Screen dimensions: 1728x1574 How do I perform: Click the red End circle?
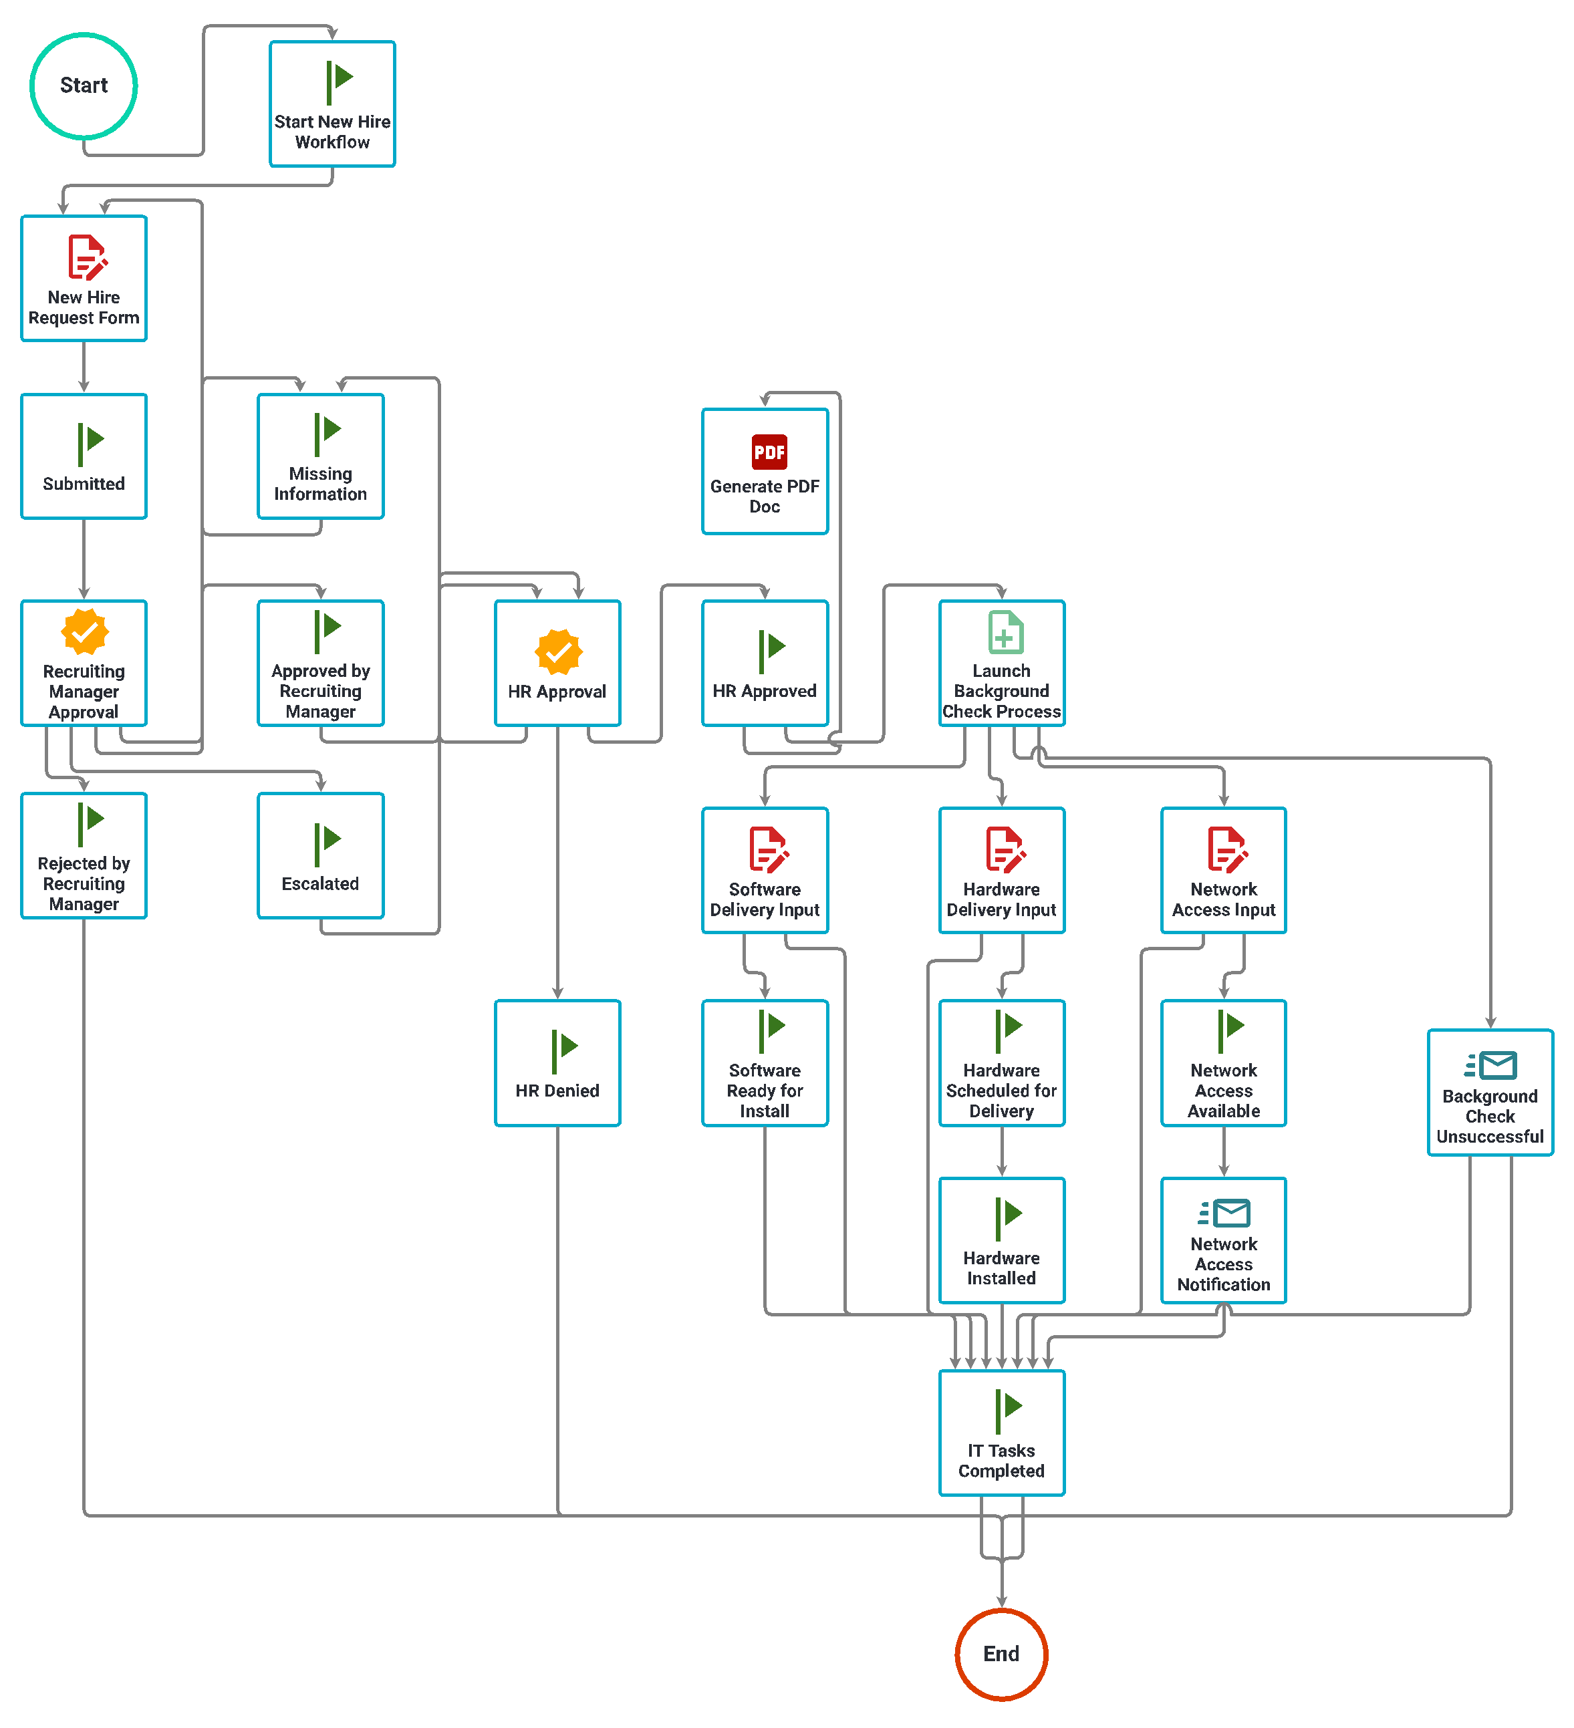(1001, 1653)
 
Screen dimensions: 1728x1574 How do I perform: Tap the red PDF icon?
(769, 452)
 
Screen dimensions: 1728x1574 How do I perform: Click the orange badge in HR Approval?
(558, 652)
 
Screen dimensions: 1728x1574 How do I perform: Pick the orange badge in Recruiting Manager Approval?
(84, 631)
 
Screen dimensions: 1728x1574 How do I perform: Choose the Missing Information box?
(321, 456)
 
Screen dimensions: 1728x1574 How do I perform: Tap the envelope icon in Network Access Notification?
(1224, 1213)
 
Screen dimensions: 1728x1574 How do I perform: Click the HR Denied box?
(557, 1063)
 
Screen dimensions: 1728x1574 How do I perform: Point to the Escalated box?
(321, 855)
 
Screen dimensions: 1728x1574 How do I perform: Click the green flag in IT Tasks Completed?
(1008, 1411)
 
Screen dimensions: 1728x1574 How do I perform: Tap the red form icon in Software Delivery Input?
(768, 849)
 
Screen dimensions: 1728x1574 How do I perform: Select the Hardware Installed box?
(1001, 1240)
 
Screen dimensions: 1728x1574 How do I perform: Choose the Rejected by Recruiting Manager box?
(84, 855)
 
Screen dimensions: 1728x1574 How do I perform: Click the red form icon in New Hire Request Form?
(87, 257)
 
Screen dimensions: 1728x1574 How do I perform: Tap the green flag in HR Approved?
(771, 651)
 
